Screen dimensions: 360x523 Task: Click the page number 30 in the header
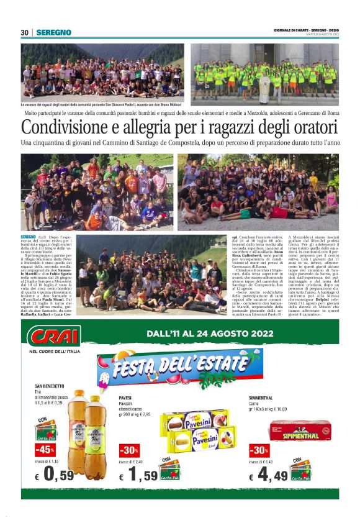pyautogui.click(x=25, y=32)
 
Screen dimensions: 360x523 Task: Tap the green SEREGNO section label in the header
pyautogui.click(x=53, y=32)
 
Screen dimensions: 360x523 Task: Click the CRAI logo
pyautogui.click(x=54, y=336)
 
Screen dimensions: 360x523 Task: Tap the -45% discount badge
pyautogui.click(x=45, y=449)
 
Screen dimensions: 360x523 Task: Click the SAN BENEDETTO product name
pyautogui.click(x=49, y=387)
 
